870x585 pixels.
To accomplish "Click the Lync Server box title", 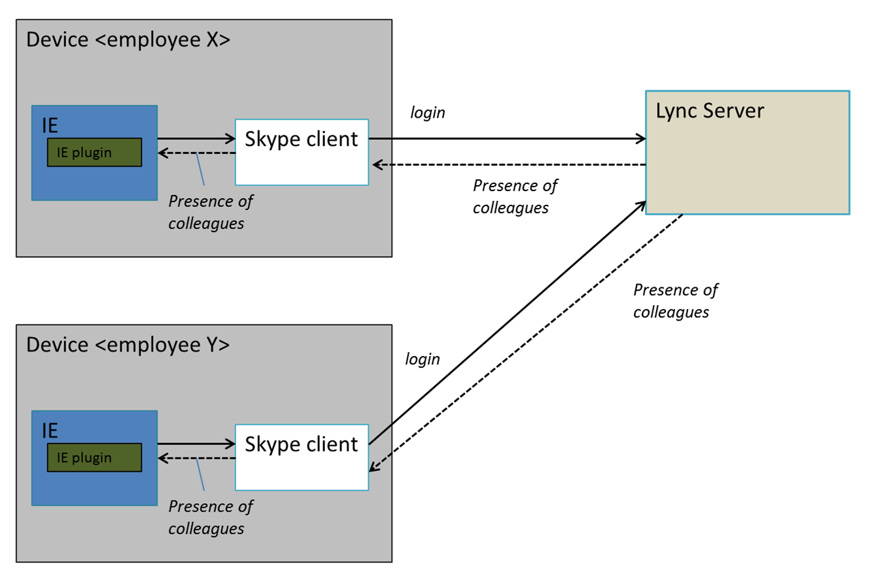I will [x=710, y=111].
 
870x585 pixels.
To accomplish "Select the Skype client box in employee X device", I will [x=302, y=152].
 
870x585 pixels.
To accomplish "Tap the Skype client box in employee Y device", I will [x=302, y=457].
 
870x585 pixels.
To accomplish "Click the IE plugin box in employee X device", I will [x=94, y=152].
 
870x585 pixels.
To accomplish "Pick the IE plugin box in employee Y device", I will [x=94, y=457].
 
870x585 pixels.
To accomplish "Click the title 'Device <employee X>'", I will [x=128, y=39].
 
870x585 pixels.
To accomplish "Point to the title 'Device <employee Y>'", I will [x=128, y=344].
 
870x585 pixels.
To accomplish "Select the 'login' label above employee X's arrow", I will [x=427, y=113].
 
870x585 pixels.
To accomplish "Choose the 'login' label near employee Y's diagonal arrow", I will [x=423, y=359].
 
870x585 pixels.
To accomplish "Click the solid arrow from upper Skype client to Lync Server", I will [x=507, y=139].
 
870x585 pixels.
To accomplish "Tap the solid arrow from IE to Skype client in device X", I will [x=196, y=138].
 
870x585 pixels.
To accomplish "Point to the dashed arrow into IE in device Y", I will [x=196, y=458].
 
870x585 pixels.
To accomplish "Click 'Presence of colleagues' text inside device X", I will [x=210, y=212].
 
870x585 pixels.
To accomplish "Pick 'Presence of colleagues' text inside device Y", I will [x=210, y=517].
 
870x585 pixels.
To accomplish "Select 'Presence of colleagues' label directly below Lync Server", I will [x=674, y=300].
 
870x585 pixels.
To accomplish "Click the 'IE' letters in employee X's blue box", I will [x=50, y=125].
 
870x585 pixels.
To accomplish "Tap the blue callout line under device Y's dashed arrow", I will [x=201, y=474].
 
